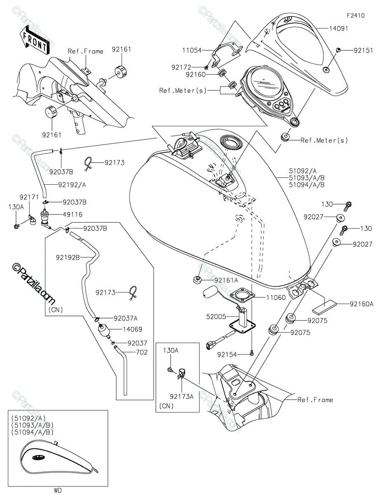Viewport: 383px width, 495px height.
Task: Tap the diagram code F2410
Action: [355, 16]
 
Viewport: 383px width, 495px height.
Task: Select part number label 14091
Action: [338, 29]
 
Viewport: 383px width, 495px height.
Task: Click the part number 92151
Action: [363, 51]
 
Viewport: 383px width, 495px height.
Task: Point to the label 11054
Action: [192, 51]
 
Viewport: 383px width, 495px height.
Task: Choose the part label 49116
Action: [73, 214]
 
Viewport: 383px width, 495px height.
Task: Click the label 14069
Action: [132, 330]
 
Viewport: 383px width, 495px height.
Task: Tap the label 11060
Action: [276, 297]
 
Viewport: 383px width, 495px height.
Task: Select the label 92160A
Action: [362, 304]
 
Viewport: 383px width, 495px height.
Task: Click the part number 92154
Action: [228, 354]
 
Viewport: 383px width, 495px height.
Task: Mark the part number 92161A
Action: [226, 280]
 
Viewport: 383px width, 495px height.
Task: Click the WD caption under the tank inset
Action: [58, 490]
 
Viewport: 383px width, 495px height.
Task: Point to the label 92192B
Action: [68, 257]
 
